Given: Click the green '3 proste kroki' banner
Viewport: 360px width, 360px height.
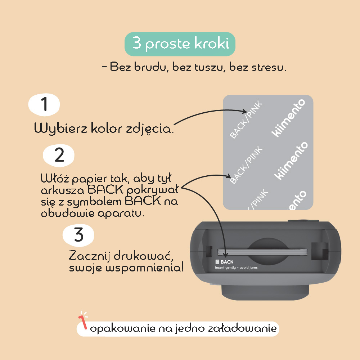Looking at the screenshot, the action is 180,44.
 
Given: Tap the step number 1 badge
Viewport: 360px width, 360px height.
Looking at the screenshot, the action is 44,104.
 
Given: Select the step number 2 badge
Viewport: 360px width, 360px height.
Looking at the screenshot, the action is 59,155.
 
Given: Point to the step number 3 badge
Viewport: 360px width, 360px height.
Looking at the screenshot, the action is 78,235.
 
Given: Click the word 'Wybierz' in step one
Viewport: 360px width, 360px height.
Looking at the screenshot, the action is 60,128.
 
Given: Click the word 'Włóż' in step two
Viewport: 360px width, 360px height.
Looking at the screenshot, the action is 55,179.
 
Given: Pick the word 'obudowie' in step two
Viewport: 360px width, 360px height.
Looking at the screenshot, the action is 68,213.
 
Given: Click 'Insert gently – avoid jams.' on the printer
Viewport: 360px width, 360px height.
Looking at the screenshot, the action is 237,267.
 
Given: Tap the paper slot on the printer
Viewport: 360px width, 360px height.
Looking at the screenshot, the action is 262,252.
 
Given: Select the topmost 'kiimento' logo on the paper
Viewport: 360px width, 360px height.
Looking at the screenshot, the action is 288,118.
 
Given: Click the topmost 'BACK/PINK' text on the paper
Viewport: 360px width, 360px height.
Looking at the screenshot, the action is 246,120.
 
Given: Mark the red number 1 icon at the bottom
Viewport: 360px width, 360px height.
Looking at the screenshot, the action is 83,321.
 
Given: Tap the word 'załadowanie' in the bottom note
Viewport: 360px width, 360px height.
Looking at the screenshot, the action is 242,328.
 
